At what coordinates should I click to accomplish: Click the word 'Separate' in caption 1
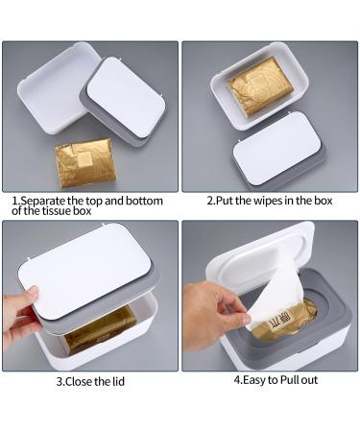(x=45, y=202)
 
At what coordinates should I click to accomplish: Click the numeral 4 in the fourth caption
(x=235, y=380)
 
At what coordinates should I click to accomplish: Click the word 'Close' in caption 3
(x=79, y=381)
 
